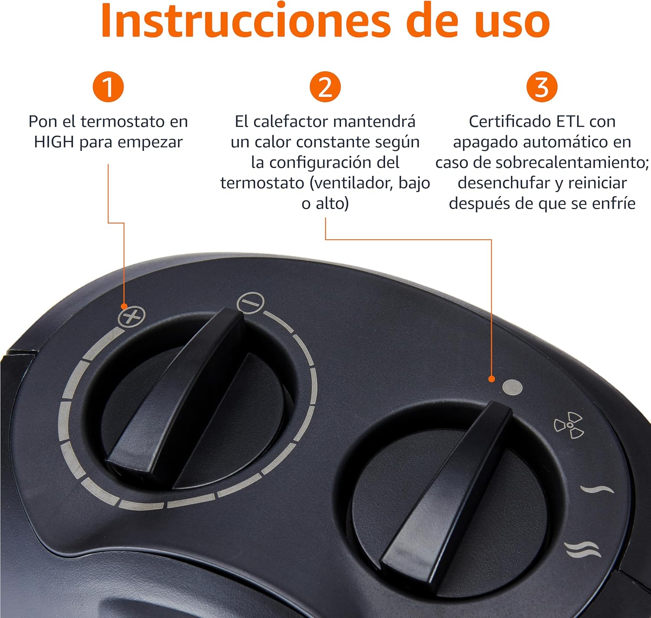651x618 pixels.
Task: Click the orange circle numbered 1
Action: [108, 87]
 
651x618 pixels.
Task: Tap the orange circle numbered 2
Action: [325, 87]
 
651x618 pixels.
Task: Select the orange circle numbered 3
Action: [542, 87]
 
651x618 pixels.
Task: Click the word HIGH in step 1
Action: [54, 142]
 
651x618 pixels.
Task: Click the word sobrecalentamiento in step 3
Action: [572, 163]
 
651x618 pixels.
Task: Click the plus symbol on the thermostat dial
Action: [132, 317]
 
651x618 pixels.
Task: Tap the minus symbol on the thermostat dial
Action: [251, 302]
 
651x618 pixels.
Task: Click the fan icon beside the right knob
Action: [569, 425]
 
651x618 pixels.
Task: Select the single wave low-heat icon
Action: [597, 489]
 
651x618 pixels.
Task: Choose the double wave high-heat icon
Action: [583, 550]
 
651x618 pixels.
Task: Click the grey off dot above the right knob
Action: [512, 387]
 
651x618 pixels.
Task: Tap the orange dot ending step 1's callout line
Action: [124, 306]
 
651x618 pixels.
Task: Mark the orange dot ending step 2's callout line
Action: [491, 379]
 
